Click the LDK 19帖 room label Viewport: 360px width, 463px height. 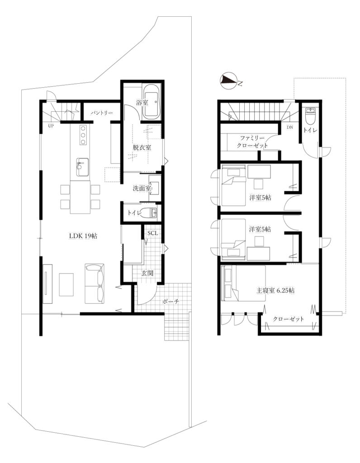pyautogui.click(x=83, y=236)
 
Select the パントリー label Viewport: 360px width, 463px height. pyautogui.click(x=102, y=113)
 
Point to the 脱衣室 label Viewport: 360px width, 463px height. pyautogui.click(x=142, y=147)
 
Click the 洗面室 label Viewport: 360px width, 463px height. pyautogui.click(x=142, y=188)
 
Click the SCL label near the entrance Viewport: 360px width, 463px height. pyautogui.click(x=153, y=233)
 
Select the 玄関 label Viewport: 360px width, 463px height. pyautogui.click(x=147, y=273)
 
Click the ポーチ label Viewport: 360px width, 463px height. pyautogui.click(x=171, y=302)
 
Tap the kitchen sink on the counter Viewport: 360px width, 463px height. pyautogui.click(x=82, y=167)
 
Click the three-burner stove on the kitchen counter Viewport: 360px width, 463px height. pyautogui.click(x=83, y=135)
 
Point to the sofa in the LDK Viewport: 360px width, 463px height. pyautogui.click(x=95, y=283)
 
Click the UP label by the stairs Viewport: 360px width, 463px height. pyautogui.click(x=51, y=126)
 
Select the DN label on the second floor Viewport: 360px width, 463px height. pyautogui.click(x=290, y=128)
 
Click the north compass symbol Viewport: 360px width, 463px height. pyautogui.click(x=228, y=81)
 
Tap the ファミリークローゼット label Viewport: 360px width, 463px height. pyautogui.click(x=252, y=142)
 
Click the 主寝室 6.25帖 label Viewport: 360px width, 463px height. pyautogui.click(x=275, y=290)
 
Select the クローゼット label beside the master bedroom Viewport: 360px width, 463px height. pyautogui.click(x=289, y=319)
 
